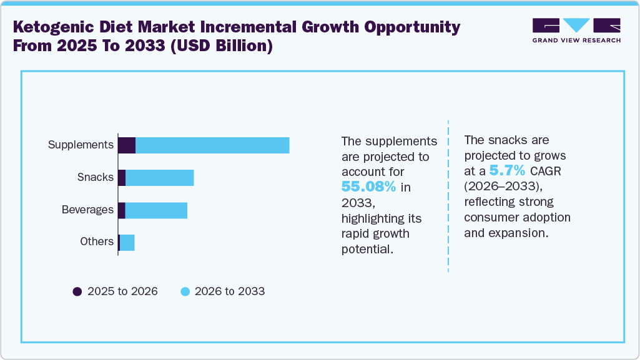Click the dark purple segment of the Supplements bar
click(127, 145)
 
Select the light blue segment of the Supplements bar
click(212, 145)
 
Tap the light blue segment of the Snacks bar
click(159, 177)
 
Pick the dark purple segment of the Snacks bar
click(122, 177)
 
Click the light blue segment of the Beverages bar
click(156, 210)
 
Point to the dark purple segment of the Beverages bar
click(122, 210)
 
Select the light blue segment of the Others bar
click(127, 242)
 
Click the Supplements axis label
click(81, 145)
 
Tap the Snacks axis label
click(95, 177)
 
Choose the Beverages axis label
click(87, 210)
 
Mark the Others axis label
click(96, 241)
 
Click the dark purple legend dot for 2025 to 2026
click(77, 291)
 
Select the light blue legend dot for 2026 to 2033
click(185, 291)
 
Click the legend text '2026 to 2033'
click(229, 291)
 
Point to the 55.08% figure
click(368, 187)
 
